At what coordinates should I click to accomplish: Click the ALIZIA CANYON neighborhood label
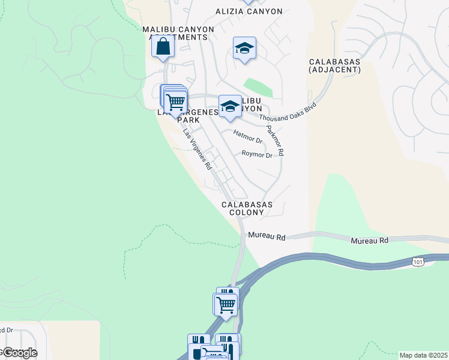point(249,11)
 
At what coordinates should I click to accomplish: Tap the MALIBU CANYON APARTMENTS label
point(175,32)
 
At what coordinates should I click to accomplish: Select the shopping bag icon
point(163,46)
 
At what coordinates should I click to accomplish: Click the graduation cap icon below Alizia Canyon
point(244,48)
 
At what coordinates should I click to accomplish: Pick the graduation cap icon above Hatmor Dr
point(229,107)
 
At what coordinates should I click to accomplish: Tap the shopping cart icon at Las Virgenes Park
point(175,102)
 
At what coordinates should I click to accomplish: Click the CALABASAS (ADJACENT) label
point(334,66)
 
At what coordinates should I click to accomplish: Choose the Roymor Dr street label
point(257,155)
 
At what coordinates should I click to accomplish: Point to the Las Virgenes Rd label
point(197,150)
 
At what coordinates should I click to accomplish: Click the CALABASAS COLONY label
point(247,208)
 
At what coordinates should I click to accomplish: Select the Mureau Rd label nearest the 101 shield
point(369,240)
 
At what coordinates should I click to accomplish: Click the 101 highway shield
point(418,262)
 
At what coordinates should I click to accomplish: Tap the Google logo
point(19,352)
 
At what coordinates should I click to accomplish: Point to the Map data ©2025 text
point(423,355)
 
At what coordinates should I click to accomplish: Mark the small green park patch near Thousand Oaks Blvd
point(258,88)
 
